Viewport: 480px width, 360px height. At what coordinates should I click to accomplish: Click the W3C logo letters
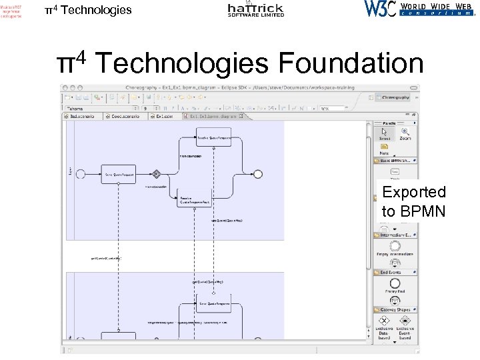click(x=380, y=9)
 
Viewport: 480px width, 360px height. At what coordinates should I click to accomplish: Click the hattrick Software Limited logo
click(x=255, y=9)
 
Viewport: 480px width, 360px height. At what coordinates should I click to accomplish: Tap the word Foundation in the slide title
click(x=351, y=63)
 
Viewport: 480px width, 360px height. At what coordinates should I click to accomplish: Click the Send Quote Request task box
click(x=119, y=175)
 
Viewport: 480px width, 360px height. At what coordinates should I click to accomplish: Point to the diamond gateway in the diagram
click(x=157, y=174)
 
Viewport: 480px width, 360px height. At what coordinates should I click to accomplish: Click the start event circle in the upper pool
click(x=81, y=174)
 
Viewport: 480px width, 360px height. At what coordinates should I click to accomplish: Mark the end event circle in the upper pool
click(x=258, y=174)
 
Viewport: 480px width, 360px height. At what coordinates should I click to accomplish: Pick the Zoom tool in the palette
click(x=405, y=134)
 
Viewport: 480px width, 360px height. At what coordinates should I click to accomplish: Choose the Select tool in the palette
click(x=385, y=134)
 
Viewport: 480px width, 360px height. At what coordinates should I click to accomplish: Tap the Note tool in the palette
click(x=384, y=151)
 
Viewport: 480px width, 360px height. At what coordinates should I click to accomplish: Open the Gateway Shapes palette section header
click(x=396, y=309)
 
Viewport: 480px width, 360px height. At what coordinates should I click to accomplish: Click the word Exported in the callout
click(x=414, y=192)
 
